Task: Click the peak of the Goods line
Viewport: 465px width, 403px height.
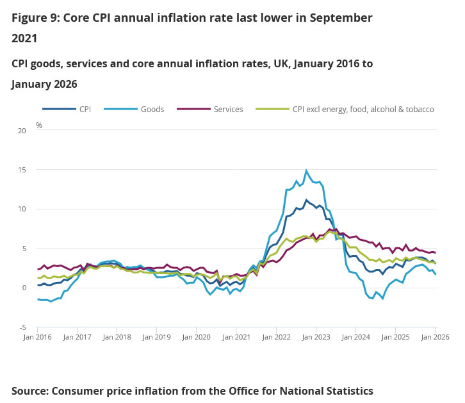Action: [306, 170]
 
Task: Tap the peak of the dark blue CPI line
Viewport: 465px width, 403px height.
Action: [306, 200]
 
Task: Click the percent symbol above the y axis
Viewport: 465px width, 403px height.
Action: [39, 126]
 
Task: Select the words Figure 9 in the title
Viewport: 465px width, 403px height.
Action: [35, 18]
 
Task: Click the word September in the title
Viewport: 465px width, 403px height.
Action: [337, 18]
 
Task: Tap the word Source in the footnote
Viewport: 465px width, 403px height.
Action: [29, 391]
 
